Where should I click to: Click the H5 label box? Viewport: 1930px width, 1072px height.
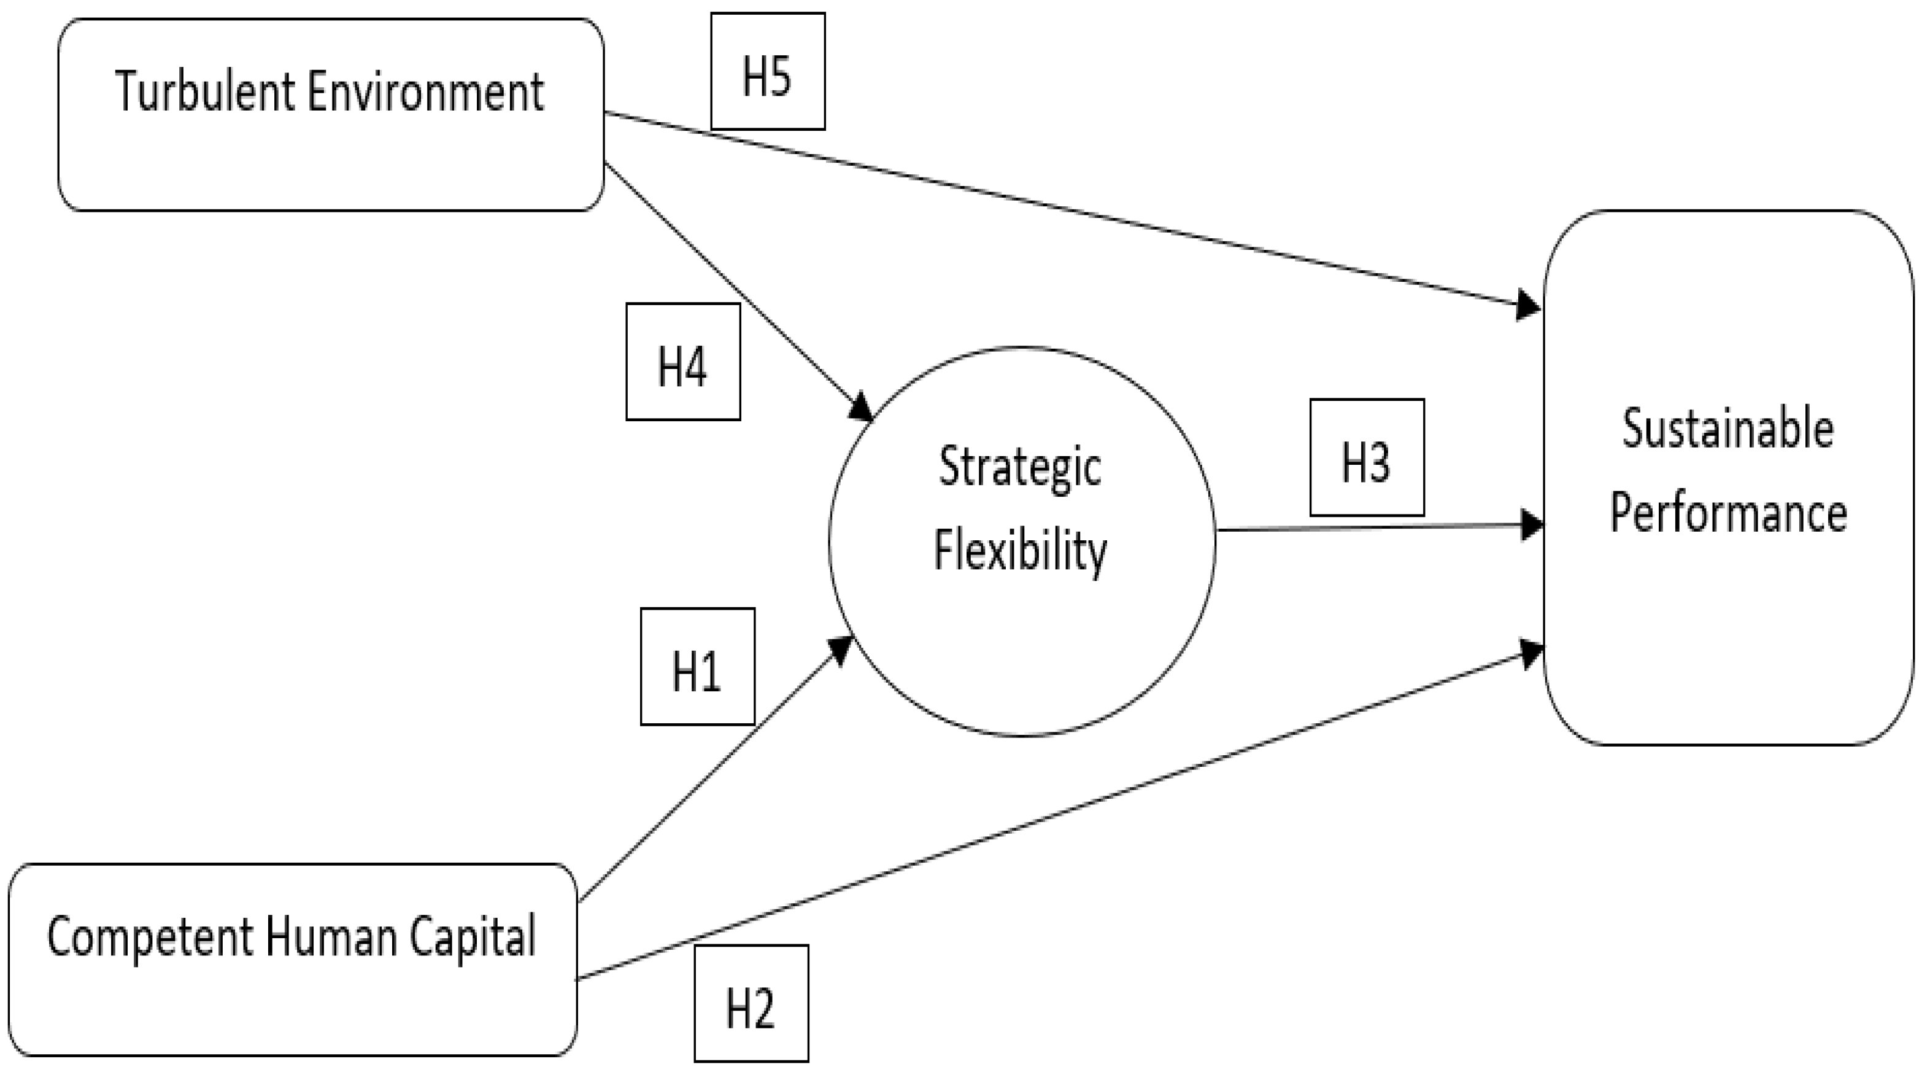coord(767,71)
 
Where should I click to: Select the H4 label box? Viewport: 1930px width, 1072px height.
coord(682,362)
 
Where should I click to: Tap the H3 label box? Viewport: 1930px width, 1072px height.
coord(1367,458)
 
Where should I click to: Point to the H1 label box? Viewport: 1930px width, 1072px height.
coord(697,666)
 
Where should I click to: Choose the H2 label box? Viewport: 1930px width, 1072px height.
coord(751,1004)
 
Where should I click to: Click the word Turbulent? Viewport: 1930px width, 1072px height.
coord(204,91)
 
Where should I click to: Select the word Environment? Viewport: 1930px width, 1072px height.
coord(425,91)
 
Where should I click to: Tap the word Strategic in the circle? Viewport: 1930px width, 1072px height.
coord(1020,467)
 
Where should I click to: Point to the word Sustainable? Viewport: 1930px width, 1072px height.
coord(1727,430)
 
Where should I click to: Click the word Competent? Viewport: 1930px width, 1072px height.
coord(150,937)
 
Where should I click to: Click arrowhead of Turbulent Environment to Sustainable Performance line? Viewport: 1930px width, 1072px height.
coord(1529,306)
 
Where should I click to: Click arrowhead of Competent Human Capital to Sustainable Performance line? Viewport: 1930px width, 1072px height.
coord(1530,652)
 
